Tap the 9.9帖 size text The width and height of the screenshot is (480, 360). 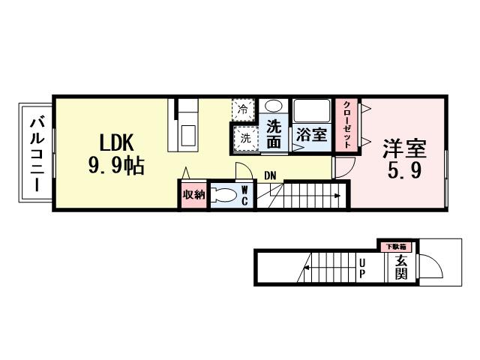click(x=115, y=166)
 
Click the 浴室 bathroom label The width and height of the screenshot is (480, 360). click(x=310, y=136)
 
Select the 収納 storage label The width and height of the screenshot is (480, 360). click(x=193, y=195)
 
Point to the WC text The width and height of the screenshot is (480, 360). click(x=244, y=196)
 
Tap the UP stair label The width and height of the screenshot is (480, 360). click(x=362, y=267)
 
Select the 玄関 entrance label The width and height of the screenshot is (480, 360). click(x=400, y=267)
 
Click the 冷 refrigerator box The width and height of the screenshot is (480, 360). click(x=242, y=109)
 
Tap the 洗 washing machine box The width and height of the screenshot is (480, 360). click(x=244, y=138)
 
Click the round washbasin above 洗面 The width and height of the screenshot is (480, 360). click(x=274, y=106)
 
